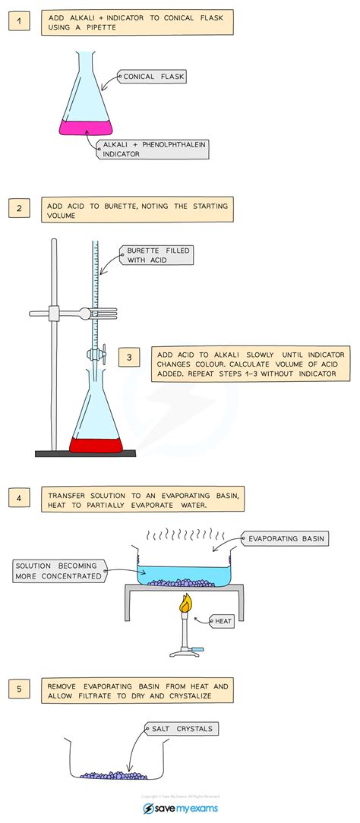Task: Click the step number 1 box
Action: click(19, 21)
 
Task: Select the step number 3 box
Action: click(129, 356)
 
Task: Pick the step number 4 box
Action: click(19, 499)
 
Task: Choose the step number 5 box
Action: click(19, 689)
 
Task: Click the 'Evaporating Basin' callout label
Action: click(284, 538)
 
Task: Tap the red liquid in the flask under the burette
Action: click(96, 444)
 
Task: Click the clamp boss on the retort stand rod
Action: click(55, 312)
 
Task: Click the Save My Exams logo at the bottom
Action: click(179, 809)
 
